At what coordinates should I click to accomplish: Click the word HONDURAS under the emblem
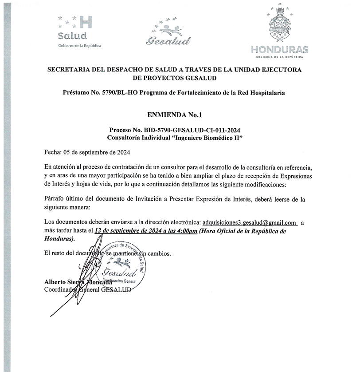[279, 49]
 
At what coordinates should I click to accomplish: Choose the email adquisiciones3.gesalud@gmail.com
[249, 222]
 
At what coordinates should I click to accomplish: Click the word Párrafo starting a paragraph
[56, 199]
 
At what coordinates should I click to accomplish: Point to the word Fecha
[54, 153]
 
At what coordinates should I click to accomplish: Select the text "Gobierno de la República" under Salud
[80, 46]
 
